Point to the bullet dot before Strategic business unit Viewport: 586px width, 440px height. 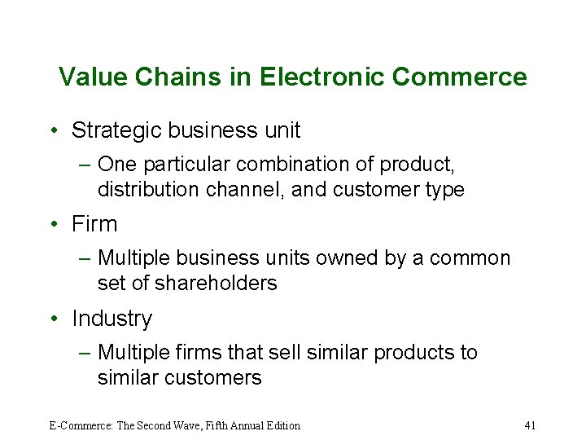[52, 130]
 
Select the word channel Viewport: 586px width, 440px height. [238, 190]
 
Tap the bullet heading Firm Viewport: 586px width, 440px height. [94, 224]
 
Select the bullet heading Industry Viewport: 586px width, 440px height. [112, 319]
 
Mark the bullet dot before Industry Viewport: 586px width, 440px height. [52, 319]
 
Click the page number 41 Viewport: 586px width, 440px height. [530, 425]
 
